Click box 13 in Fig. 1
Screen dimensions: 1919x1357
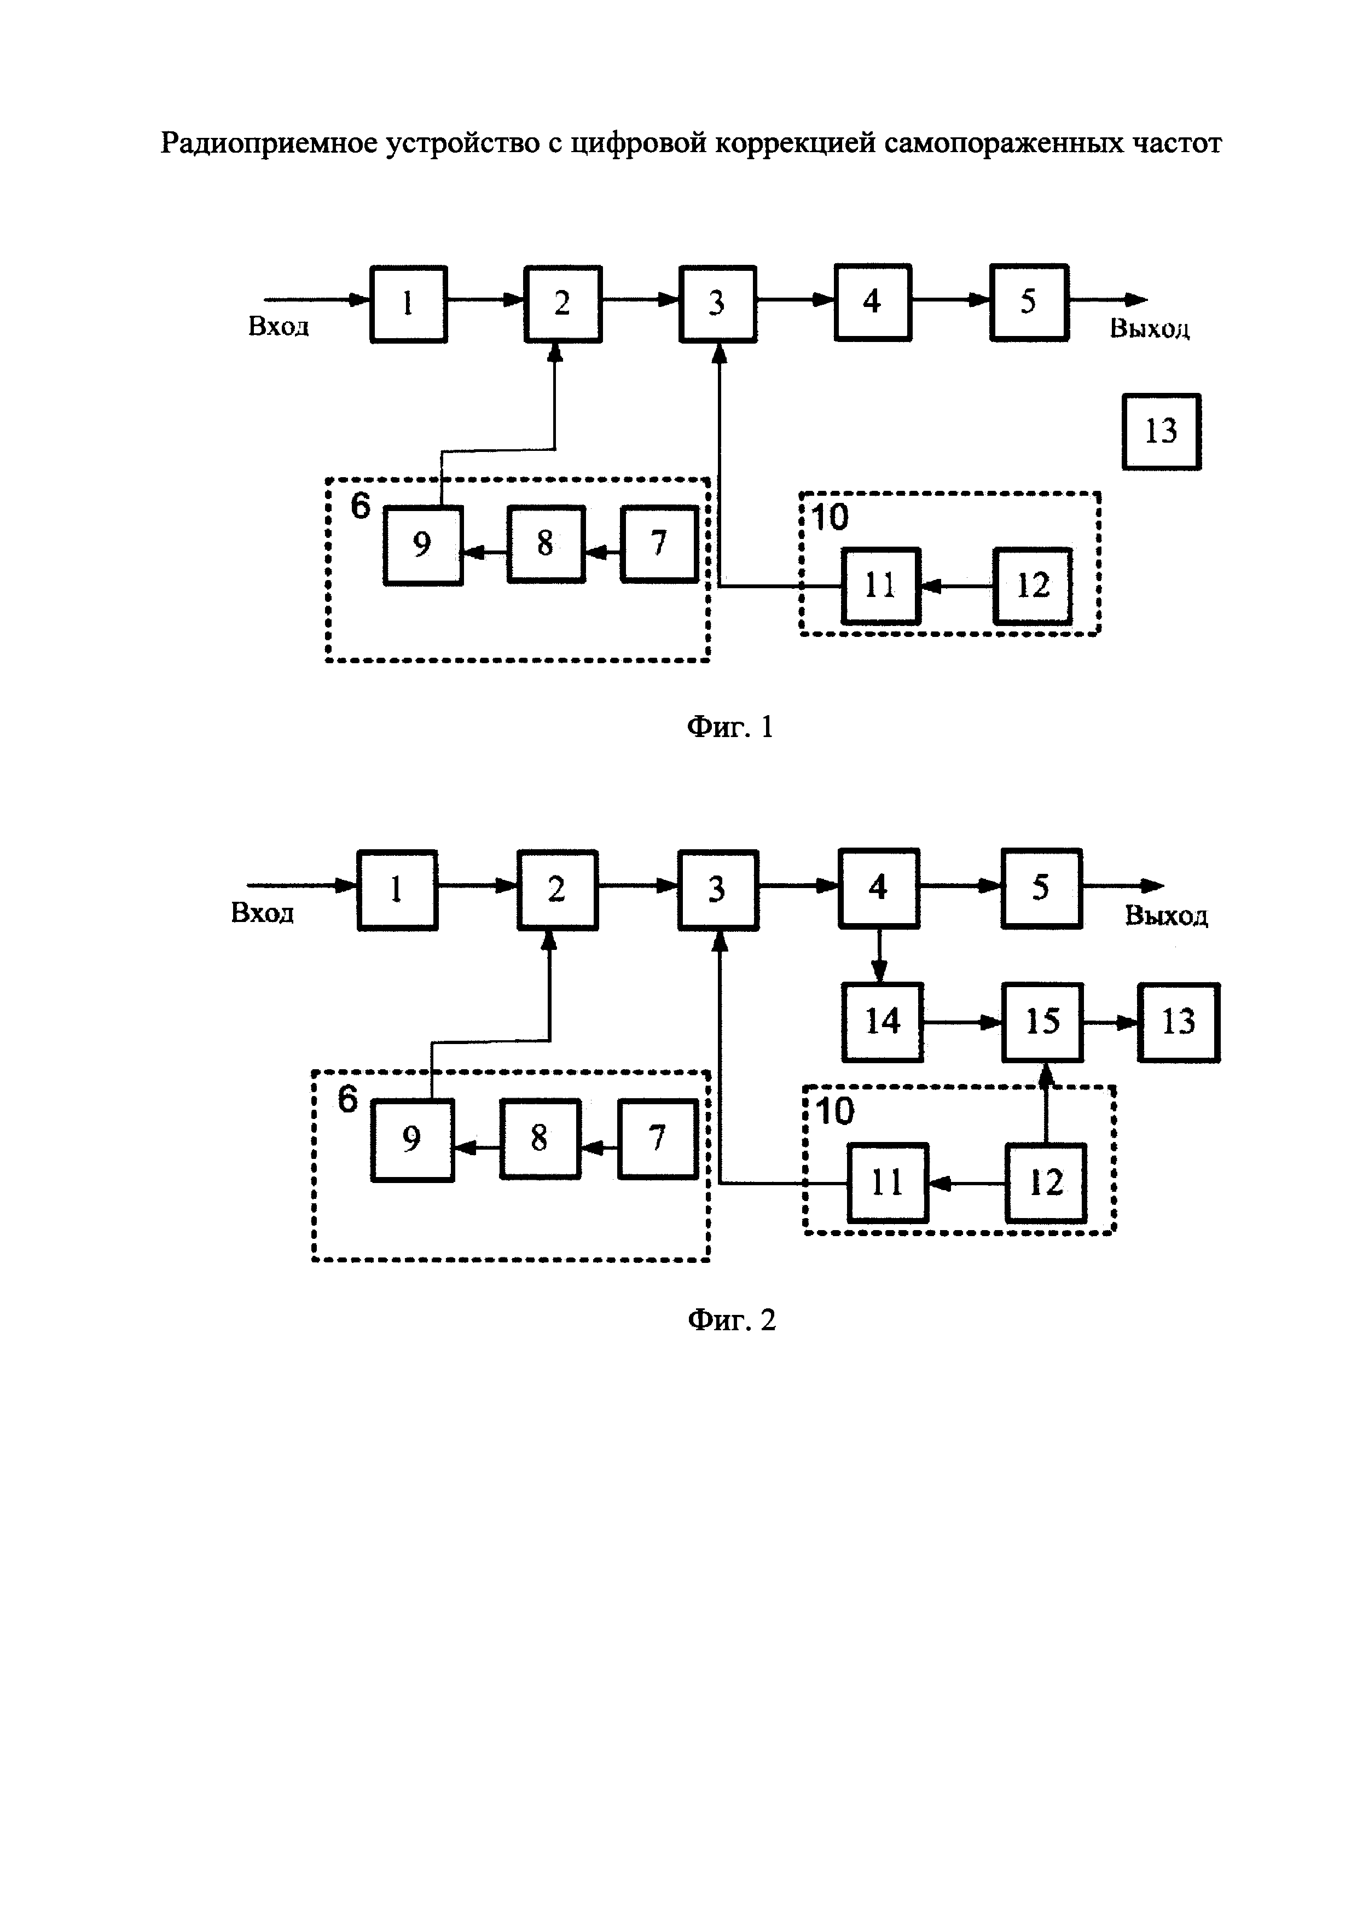tap(1161, 431)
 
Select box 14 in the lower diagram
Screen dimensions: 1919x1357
tap(883, 1022)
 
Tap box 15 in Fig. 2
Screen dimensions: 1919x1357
tap(1042, 1022)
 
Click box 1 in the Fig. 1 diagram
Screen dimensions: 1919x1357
tap(409, 303)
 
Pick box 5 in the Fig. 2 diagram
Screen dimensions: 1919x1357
tap(1041, 888)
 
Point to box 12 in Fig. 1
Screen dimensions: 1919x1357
tap(1032, 586)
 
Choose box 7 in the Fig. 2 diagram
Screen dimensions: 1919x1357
tap(658, 1138)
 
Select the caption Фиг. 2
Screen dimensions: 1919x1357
tap(731, 1320)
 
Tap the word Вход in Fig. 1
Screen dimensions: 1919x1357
tap(279, 327)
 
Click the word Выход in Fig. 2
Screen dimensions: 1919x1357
tap(1165, 916)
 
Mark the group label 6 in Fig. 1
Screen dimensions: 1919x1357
tap(359, 505)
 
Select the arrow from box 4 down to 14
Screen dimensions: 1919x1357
tap(879, 955)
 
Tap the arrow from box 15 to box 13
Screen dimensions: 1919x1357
tap(1110, 1022)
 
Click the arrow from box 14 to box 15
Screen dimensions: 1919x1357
tap(962, 1022)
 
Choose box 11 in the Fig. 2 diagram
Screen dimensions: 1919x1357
tap(888, 1182)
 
